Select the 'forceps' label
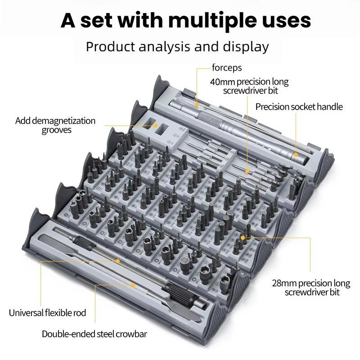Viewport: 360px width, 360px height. (x=227, y=68)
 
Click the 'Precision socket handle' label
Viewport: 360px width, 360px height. (x=299, y=107)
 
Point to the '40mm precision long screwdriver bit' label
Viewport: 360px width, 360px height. (x=249, y=86)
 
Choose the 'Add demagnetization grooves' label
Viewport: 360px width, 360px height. (x=55, y=125)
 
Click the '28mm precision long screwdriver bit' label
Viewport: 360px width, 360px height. (x=311, y=288)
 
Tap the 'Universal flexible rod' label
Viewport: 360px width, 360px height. (x=47, y=312)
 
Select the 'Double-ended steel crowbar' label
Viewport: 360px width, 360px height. (x=94, y=334)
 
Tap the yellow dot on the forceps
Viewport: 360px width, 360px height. (x=197, y=104)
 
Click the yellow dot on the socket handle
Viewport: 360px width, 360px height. (x=296, y=155)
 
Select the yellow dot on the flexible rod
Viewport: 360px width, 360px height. (x=118, y=261)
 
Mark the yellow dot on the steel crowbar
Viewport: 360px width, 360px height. (x=134, y=284)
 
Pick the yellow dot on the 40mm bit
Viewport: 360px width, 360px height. (x=247, y=171)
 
